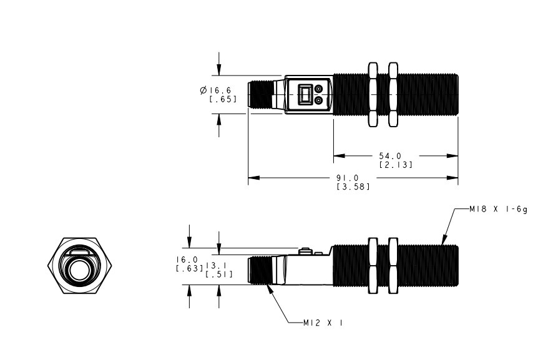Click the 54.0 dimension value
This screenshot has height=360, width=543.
pos(390,156)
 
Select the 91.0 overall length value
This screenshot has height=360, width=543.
pos(348,178)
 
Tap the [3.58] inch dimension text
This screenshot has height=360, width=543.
pos(353,187)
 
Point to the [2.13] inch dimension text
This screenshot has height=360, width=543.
pos(396,165)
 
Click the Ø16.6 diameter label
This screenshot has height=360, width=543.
pos(215,90)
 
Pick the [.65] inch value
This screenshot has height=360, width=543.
pos(223,99)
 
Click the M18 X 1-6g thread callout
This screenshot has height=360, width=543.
pos(498,209)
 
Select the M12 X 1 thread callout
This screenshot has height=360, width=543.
pos(323,323)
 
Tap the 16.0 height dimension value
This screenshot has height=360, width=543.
pos(187,260)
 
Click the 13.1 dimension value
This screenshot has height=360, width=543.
pos(217,266)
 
